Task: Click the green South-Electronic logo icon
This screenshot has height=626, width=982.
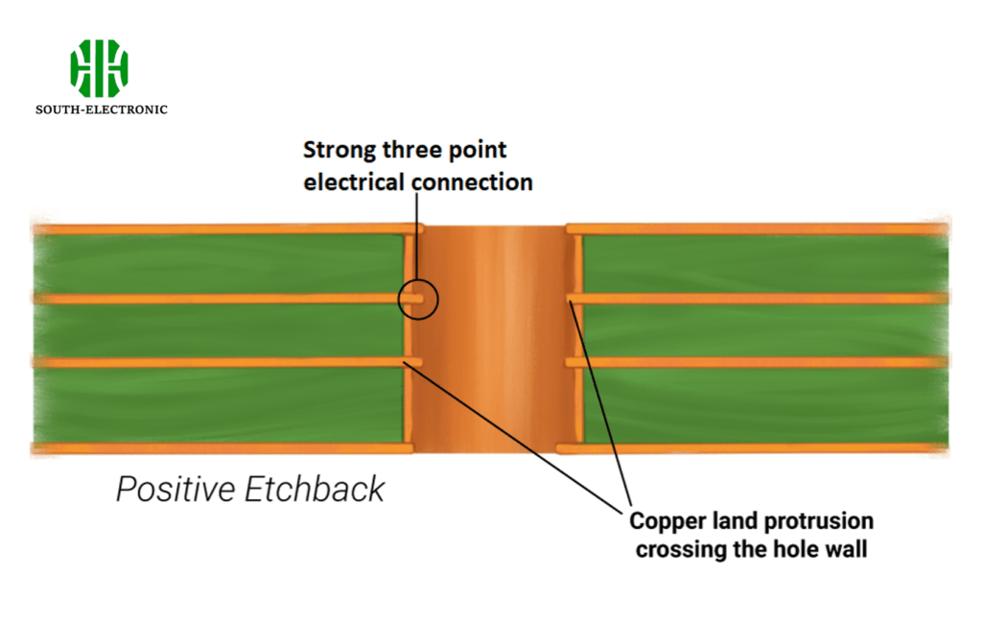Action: point(99,68)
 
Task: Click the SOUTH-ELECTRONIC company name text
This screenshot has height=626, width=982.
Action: point(102,109)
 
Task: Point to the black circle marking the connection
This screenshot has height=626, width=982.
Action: point(418,300)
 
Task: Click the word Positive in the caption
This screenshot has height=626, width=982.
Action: point(175,490)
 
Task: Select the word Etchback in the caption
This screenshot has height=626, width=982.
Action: point(315,490)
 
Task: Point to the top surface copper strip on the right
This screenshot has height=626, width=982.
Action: point(758,229)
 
